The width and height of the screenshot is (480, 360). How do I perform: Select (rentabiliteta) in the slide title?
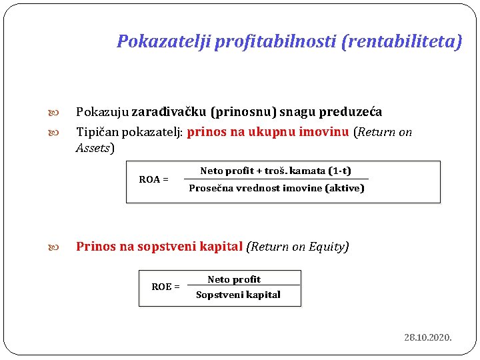pos(401,42)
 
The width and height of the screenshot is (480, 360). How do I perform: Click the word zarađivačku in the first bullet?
pos(169,112)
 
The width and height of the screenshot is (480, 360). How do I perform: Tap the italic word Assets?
pos(93,148)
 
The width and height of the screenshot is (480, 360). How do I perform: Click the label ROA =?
pos(153,179)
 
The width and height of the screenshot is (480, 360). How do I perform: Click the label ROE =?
pos(165,287)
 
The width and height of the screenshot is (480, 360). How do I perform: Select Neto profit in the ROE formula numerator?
pos(234,279)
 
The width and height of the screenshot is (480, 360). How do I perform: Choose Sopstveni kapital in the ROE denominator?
pos(238,295)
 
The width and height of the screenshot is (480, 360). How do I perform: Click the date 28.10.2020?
pos(428,338)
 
